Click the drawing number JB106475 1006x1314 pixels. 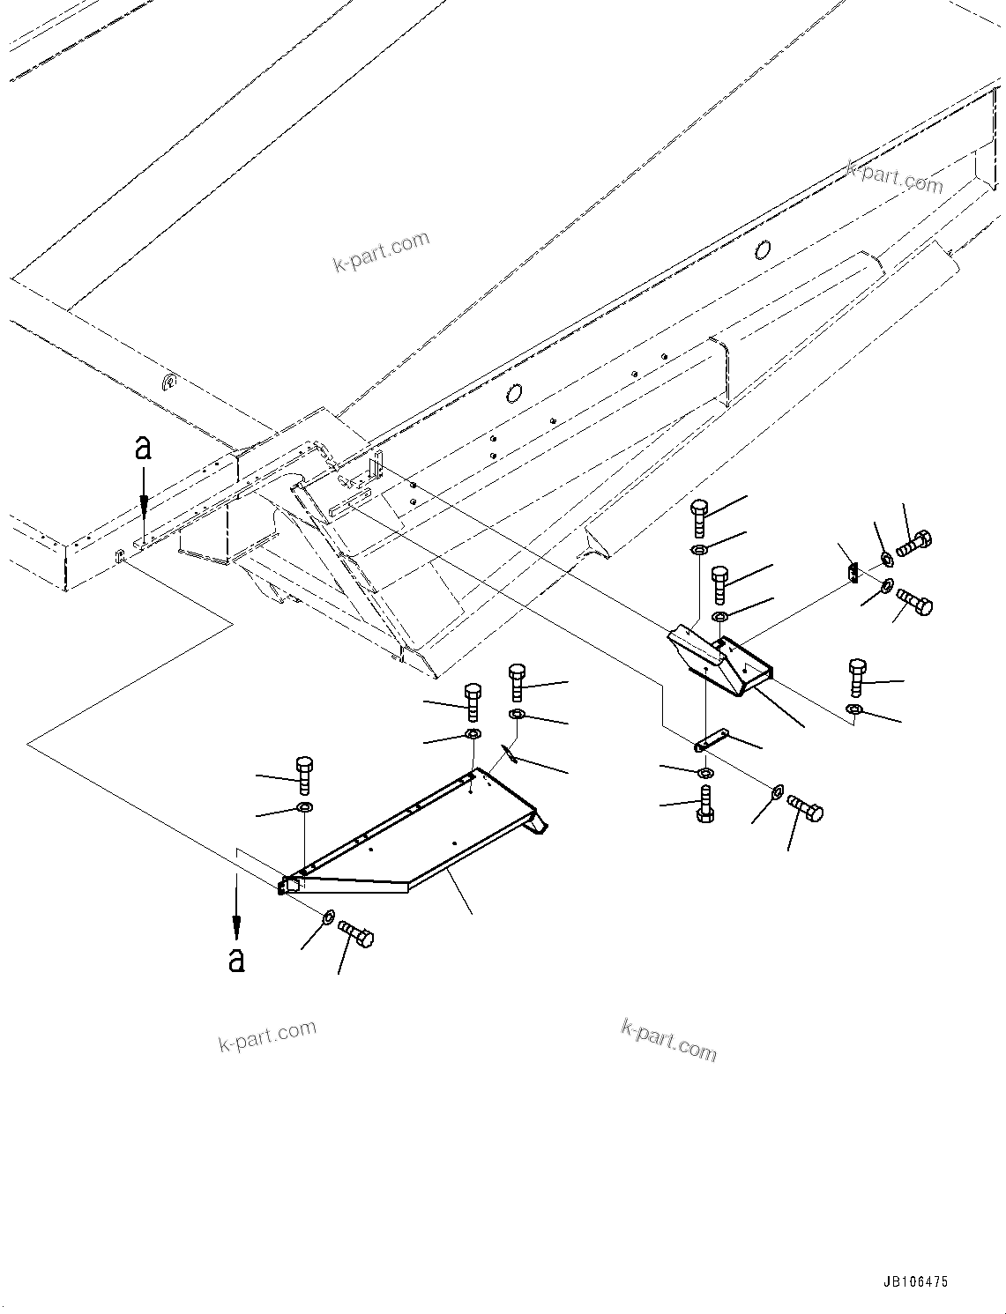point(913,1282)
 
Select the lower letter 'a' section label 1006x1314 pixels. point(235,958)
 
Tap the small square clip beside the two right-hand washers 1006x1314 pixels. point(853,573)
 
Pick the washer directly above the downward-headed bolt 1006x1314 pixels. point(705,773)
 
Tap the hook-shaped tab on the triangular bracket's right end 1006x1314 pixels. point(538,823)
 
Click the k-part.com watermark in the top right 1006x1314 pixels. point(894,177)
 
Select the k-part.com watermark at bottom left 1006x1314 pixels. point(267,1036)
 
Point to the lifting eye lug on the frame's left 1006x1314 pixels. point(169,383)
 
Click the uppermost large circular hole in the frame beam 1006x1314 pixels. point(762,251)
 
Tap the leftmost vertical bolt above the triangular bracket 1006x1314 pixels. point(303,774)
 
